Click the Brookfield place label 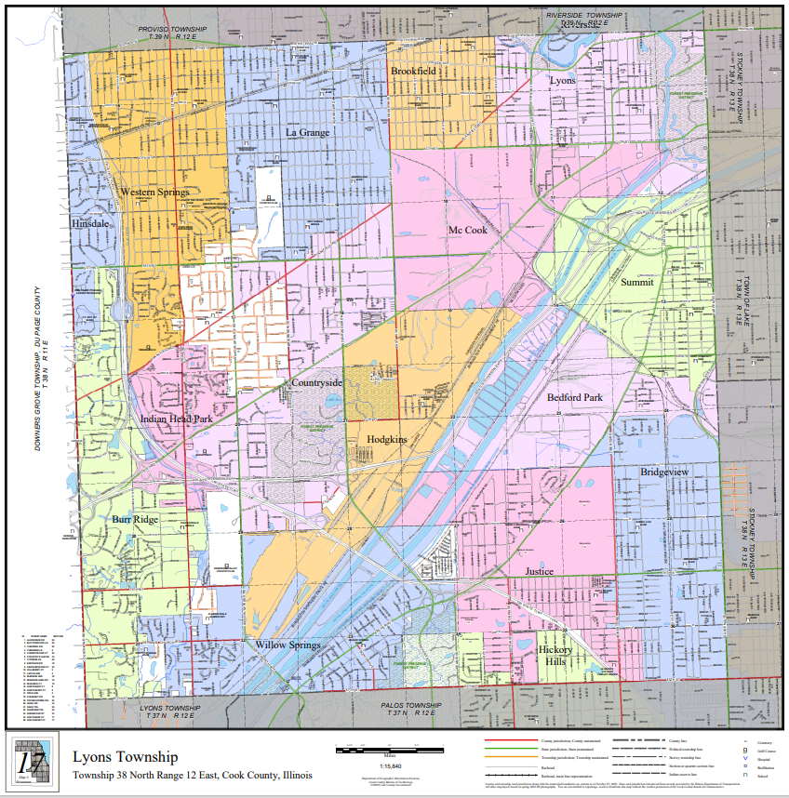(x=413, y=71)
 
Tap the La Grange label (x=307, y=133)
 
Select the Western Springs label (x=154, y=193)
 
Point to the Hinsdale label (x=90, y=224)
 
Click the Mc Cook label (x=467, y=230)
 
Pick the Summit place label (x=637, y=282)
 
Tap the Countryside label (x=317, y=382)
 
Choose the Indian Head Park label (x=177, y=419)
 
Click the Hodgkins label (x=387, y=439)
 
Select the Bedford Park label (x=575, y=397)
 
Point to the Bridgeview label (x=664, y=472)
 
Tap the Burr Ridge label (x=135, y=519)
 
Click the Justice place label (x=539, y=571)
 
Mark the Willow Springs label (x=288, y=645)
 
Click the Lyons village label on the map (x=562, y=80)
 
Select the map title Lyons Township (x=125, y=758)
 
